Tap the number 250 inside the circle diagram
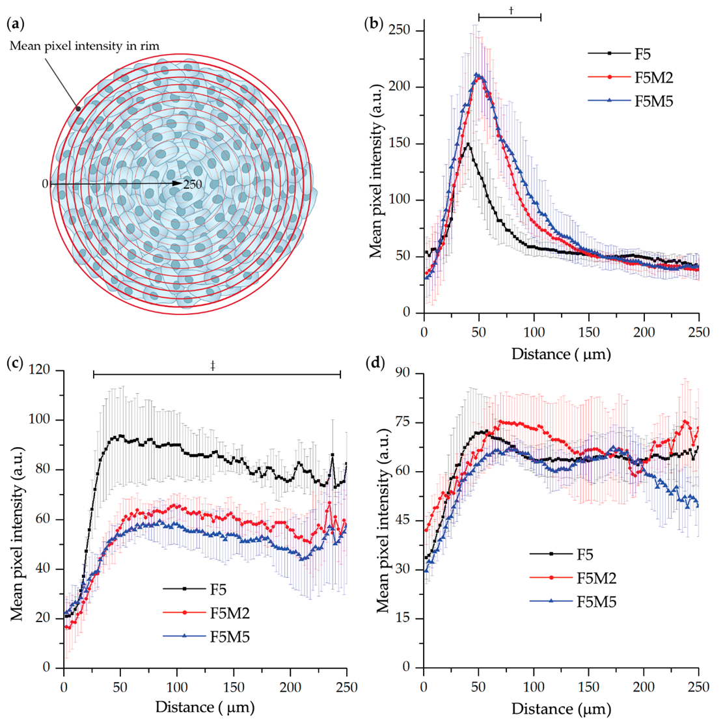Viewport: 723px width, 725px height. [193, 185]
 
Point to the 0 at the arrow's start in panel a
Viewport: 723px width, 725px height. [45, 184]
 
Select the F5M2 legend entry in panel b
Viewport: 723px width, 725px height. [653, 77]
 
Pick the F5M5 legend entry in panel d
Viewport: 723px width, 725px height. [596, 601]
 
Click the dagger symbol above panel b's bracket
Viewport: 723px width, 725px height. [512, 10]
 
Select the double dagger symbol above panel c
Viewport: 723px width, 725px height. [213, 366]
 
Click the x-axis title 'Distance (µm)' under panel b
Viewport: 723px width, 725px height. [561, 354]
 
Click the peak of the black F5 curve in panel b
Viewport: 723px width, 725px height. [468, 144]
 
